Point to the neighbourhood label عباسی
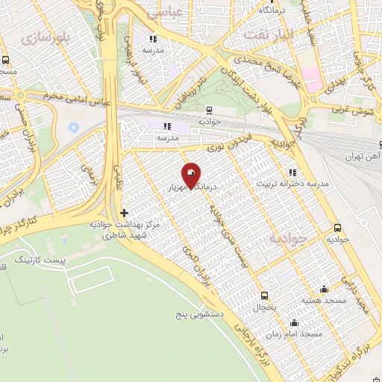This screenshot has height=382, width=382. (x=163, y=13)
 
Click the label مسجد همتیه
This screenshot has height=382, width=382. (x=322, y=301)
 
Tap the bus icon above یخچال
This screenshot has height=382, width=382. (x=263, y=295)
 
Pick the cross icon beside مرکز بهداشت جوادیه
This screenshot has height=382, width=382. (x=124, y=213)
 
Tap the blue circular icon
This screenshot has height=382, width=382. (x=73, y=126)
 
